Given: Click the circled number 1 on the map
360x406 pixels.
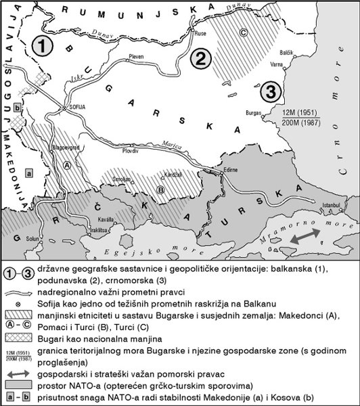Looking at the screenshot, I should (x=43, y=47).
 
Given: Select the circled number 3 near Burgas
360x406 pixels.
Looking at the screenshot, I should (x=269, y=91).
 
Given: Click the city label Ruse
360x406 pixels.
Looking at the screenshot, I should (x=200, y=33).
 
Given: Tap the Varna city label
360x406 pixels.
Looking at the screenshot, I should (x=277, y=66).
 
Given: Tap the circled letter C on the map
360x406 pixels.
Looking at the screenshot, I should (x=242, y=32).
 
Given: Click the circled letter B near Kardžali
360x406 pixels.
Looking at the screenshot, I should (x=160, y=189).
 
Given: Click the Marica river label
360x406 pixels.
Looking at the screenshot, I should (x=173, y=143).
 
